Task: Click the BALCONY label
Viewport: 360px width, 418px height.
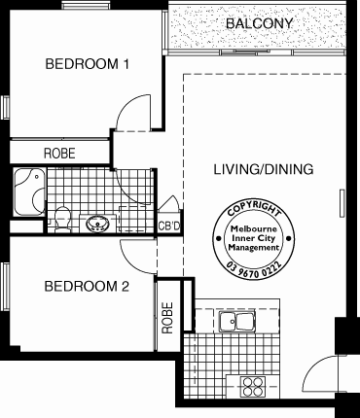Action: [259, 23]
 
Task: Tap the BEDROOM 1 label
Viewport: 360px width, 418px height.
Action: [88, 64]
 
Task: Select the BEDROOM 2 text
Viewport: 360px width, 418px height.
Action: [87, 287]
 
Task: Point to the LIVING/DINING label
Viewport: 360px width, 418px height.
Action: [264, 169]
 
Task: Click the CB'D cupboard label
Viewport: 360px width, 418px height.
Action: [168, 226]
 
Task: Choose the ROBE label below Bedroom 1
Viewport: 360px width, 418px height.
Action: [59, 154]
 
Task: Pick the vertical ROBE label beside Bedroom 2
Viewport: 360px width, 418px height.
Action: [167, 318]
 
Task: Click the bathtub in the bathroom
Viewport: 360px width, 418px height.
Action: [29, 192]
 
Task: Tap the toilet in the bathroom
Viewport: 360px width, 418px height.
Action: [62, 219]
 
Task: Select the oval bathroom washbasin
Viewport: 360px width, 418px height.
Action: [97, 224]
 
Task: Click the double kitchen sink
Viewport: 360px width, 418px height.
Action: [236, 322]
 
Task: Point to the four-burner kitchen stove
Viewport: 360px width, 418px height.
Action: [253, 386]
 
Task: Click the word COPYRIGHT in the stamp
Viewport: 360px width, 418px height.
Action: [254, 208]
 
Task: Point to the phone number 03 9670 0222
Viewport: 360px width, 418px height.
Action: [254, 269]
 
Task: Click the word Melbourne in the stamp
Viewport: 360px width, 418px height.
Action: [254, 228]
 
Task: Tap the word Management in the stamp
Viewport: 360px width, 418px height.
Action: [254, 248]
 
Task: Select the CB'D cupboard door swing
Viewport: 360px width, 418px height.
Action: [169, 202]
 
